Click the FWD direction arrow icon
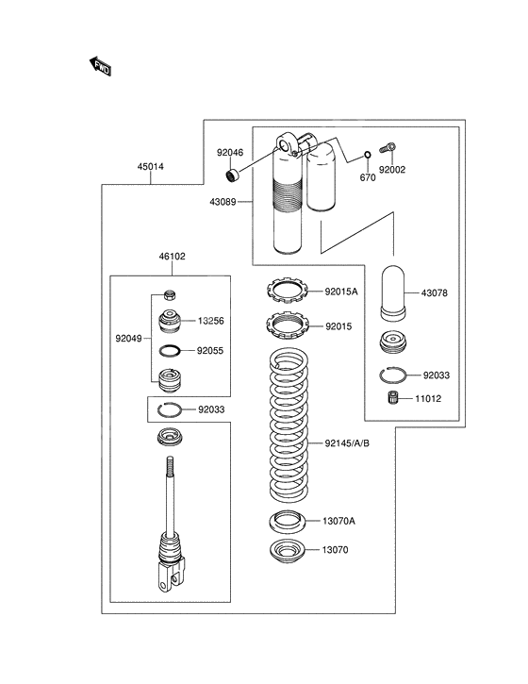[100, 65]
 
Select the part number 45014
[150, 167]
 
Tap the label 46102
[172, 256]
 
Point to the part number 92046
[229, 151]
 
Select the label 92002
[392, 171]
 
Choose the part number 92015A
[342, 292]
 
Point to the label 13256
[210, 321]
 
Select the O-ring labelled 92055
[170, 350]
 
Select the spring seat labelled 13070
[288, 550]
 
